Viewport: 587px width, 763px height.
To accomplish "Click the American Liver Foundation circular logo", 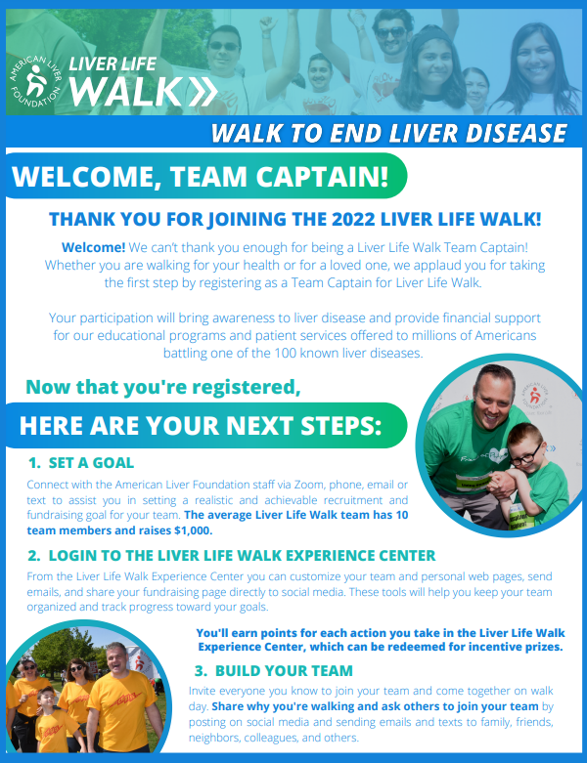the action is pos(36,81).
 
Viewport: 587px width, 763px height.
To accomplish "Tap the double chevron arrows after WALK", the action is pos(203,91).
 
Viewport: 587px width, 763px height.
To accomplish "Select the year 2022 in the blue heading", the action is pos(353,219).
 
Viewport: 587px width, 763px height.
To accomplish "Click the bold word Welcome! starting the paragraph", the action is pos(94,247).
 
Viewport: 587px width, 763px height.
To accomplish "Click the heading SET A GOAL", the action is pos(91,463).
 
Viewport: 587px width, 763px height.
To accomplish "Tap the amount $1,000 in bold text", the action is pos(193,530).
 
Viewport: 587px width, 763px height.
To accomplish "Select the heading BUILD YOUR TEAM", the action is pos(284,670).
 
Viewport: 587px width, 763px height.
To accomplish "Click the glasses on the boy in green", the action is pos(525,456).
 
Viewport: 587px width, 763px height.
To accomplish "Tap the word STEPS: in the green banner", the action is pos(341,426).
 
